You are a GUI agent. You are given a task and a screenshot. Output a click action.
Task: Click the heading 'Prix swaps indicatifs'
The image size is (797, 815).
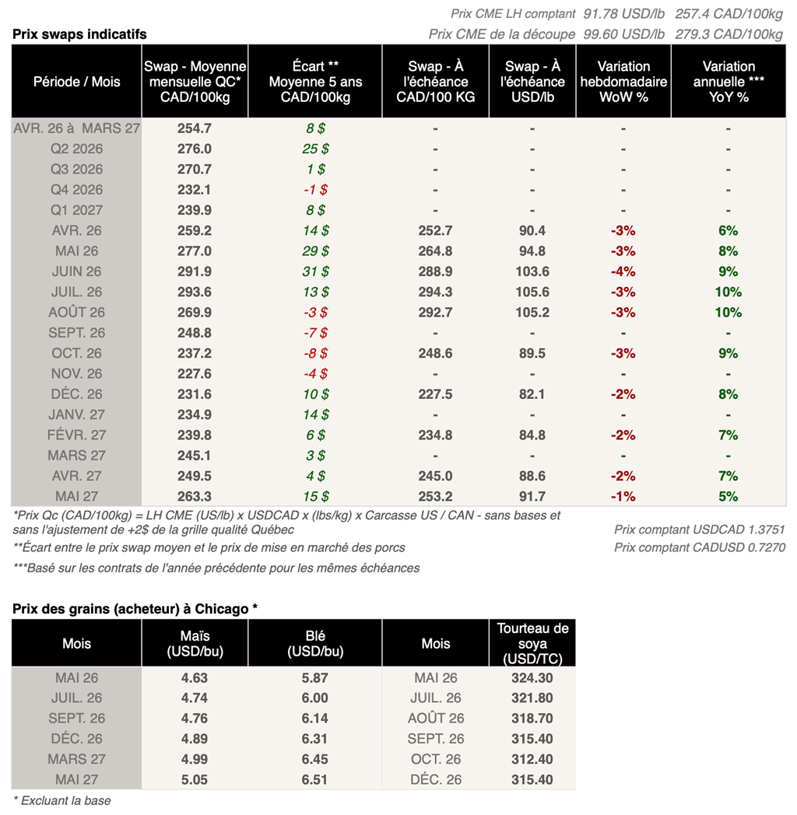pyautogui.click(x=79, y=34)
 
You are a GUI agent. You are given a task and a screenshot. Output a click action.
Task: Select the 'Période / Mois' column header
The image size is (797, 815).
pyautogui.click(x=76, y=82)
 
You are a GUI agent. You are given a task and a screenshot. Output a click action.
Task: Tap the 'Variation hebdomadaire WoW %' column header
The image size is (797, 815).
pyautogui.click(x=623, y=82)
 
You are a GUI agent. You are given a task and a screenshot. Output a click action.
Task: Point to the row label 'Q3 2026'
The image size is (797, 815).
pyautogui.click(x=76, y=170)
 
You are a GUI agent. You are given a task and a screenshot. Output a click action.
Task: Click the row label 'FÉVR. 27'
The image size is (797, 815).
pyautogui.click(x=76, y=435)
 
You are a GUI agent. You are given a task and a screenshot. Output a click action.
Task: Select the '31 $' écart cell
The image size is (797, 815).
pyautogui.click(x=315, y=271)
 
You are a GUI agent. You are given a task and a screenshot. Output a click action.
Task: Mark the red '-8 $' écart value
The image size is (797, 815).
pyautogui.click(x=315, y=353)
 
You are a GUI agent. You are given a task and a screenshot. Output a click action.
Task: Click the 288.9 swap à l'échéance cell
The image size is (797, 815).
pyautogui.click(x=435, y=271)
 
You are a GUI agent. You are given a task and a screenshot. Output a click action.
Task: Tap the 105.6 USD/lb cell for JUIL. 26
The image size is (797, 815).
pyautogui.click(x=532, y=292)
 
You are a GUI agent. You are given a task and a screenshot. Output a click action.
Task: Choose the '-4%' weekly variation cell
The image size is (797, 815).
pyautogui.click(x=623, y=271)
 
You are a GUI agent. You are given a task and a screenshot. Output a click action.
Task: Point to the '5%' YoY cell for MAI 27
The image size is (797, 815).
pyautogui.click(x=729, y=496)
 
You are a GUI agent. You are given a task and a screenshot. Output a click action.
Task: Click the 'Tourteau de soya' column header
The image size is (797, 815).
pyautogui.click(x=532, y=644)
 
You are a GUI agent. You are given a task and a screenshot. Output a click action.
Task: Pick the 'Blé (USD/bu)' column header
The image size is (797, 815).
pyautogui.click(x=315, y=644)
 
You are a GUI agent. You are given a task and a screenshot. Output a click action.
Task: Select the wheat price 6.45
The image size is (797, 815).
pyautogui.click(x=315, y=759)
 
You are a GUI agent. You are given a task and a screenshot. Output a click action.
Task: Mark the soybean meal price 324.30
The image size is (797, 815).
pyautogui.click(x=532, y=678)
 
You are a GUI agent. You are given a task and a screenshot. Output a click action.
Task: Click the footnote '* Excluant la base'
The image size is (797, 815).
pyautogui.click(x=62, y=801)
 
